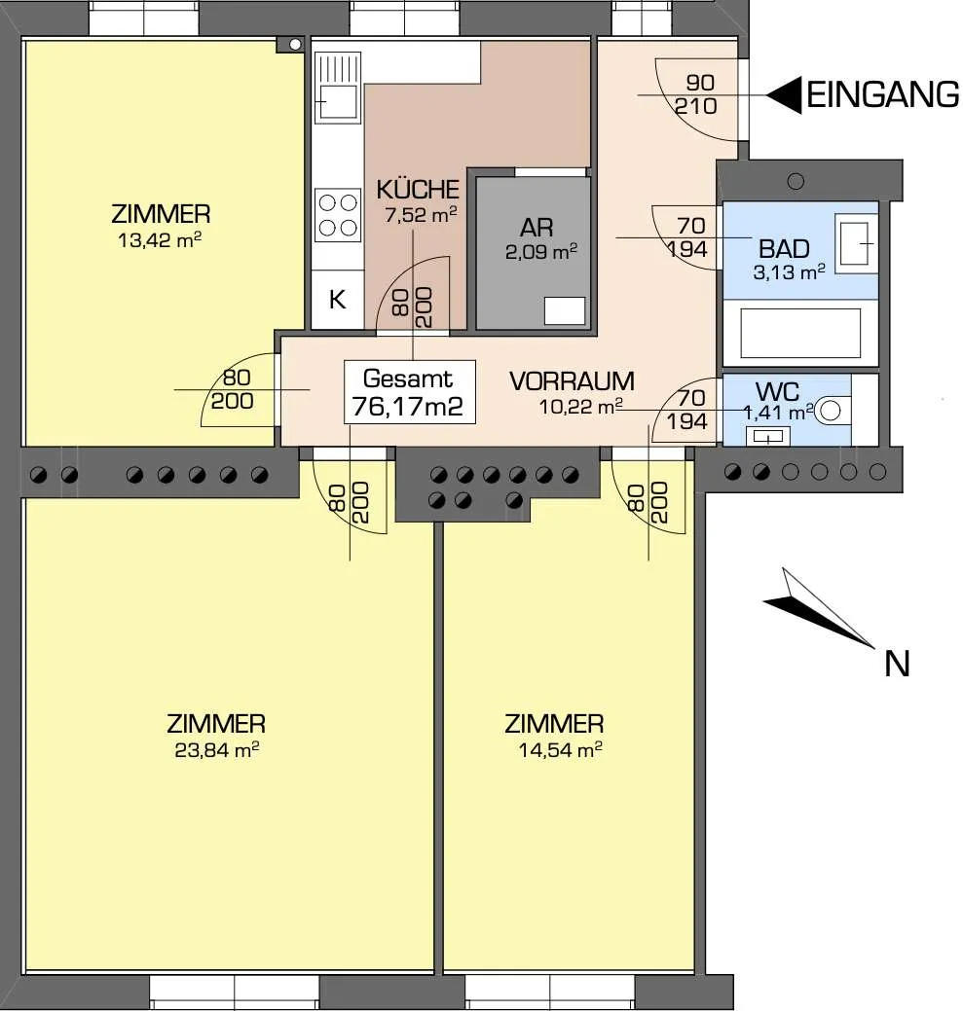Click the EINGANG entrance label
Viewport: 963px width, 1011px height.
tap(882, 95)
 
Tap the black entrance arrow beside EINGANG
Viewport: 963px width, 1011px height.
tap(786, 95)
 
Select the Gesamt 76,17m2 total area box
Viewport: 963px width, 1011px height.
tap(410, 392)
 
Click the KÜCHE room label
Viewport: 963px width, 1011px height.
tap(418, 190)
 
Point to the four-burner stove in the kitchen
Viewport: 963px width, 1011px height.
tap(338, 215)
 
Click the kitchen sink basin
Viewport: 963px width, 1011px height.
tap(337, 101)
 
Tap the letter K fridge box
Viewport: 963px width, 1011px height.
tap(337, 300)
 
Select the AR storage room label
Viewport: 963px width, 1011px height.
tap(537, 228)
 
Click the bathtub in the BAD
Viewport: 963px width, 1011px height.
tap(800, 333)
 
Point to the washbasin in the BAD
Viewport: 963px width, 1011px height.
tap(856, 243)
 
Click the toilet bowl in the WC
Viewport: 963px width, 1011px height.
tap(831, 410)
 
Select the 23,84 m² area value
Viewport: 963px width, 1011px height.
tap(217, 750)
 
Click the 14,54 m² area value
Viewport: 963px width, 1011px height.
tap(561, 750)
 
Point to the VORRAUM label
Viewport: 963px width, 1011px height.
tap(573, 381)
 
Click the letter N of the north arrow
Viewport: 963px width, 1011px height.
tap(897, 664)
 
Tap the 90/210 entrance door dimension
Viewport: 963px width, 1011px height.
tap(696, 94)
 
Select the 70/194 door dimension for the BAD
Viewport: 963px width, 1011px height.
tap(687, 237)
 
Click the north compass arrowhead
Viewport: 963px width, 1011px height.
tap(817, 607)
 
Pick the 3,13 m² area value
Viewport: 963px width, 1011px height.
tap(789, 272)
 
